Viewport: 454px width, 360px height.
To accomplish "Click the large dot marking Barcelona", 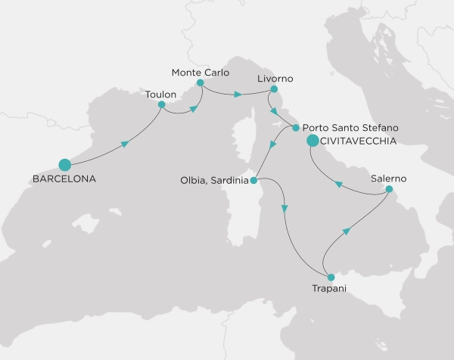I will (x=64, y=164).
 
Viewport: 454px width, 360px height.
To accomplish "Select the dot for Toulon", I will (x=161, y=104).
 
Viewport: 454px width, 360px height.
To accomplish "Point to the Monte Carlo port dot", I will (x=200, y=82).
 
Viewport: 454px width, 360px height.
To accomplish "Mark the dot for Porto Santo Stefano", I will (x=295, y=128).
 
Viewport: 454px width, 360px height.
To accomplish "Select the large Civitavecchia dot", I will (x=313, y=140).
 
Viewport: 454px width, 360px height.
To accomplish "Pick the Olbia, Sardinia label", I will (x=214, y=181).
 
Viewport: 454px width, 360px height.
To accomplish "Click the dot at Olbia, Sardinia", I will (x=254, y=180).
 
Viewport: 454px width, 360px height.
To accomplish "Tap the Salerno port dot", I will (x=389, y=189).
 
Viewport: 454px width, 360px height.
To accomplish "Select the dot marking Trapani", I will (x=331, y=277).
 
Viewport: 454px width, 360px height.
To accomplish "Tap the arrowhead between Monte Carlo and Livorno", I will (x=238, y=95).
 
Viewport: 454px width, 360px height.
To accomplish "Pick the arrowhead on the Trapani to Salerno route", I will (x=347, y=231).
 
